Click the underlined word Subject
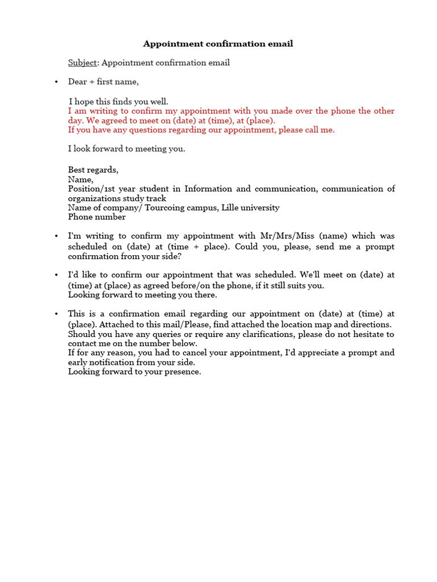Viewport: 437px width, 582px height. point(83,63)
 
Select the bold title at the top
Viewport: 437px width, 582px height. point(218,44)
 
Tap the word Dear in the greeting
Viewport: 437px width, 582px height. point(77,82)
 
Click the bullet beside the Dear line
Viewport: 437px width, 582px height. point(56,82)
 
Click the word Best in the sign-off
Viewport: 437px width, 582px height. point(77,170)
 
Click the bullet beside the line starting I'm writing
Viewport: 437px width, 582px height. point(56,236)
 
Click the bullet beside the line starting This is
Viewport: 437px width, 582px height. point(56,314)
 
